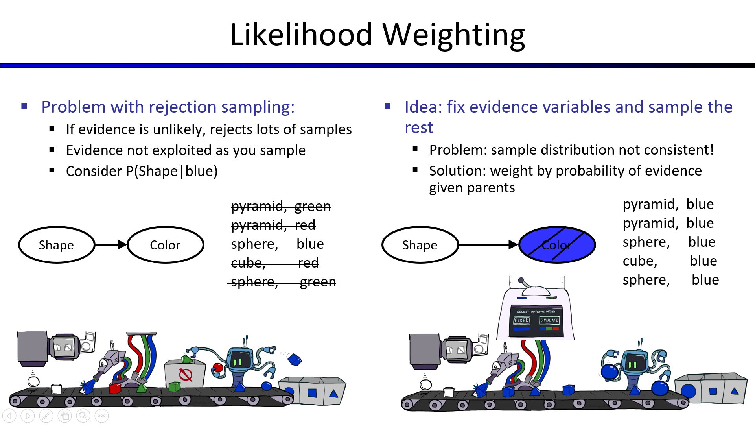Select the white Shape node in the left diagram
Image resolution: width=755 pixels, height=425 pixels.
point(56,245)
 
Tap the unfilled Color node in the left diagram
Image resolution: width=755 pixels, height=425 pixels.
point(165,245)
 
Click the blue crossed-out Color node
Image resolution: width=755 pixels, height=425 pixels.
point(557,245)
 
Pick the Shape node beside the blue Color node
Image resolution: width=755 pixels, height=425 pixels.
point(420,245)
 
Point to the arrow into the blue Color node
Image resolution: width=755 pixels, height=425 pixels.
point(488,245)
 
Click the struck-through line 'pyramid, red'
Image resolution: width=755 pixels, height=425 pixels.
point(273,225)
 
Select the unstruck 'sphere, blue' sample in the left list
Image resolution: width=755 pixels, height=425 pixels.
point(277,244)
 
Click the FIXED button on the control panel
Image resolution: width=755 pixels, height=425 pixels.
point(522,320)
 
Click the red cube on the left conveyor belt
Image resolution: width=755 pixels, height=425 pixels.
point(115,389)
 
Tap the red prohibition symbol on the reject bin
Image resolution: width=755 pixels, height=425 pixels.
point(186,375)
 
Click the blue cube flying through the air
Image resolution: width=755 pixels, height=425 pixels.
point(295,359)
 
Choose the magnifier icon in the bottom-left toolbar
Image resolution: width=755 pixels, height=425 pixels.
point(83,416)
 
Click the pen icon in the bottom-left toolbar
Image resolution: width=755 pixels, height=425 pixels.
point(46,416)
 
